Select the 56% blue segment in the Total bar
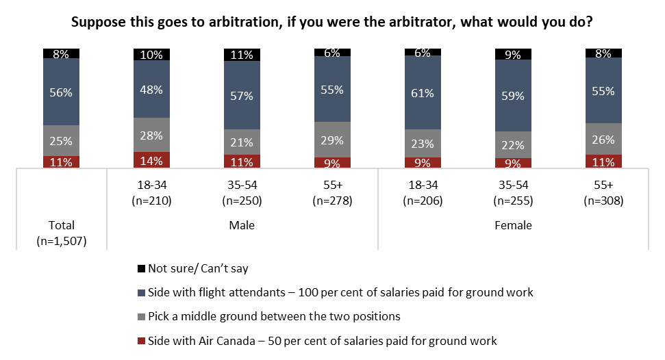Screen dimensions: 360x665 pyautogui.click(x=61, y=92)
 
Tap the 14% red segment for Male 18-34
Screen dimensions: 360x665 pyautogui.click(x=151, y=160)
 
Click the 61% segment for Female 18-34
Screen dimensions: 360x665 pyautogui.click(x=423, y=93)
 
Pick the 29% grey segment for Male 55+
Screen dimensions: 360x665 pyautogui.click(x=332, y=140)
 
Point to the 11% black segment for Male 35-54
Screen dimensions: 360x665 pyautogui.click(x=242, y=55)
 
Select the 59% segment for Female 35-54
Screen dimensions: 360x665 pyautogui.click(x=513, y=97)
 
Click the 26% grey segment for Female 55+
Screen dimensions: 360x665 pyautogui.click(x=603, y=139)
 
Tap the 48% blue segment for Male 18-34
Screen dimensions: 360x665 pyautogui.click(x=151, y=89)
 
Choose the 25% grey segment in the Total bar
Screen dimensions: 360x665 pyautogui.click(x=61, y=141)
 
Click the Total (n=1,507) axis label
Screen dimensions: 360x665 pyautogui.click(x=61, y=233)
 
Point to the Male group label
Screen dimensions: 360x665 pyautogui.click(x=241, y=225)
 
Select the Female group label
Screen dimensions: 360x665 pyautogui.click(x=513, y=225)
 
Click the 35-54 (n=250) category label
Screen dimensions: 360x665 pyautogui.click(x=242, y=194)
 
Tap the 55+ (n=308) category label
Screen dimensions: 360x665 pyautogui.click(x=603, y=194)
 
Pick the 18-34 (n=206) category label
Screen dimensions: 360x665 pyautogui.click(x=423, y=194)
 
